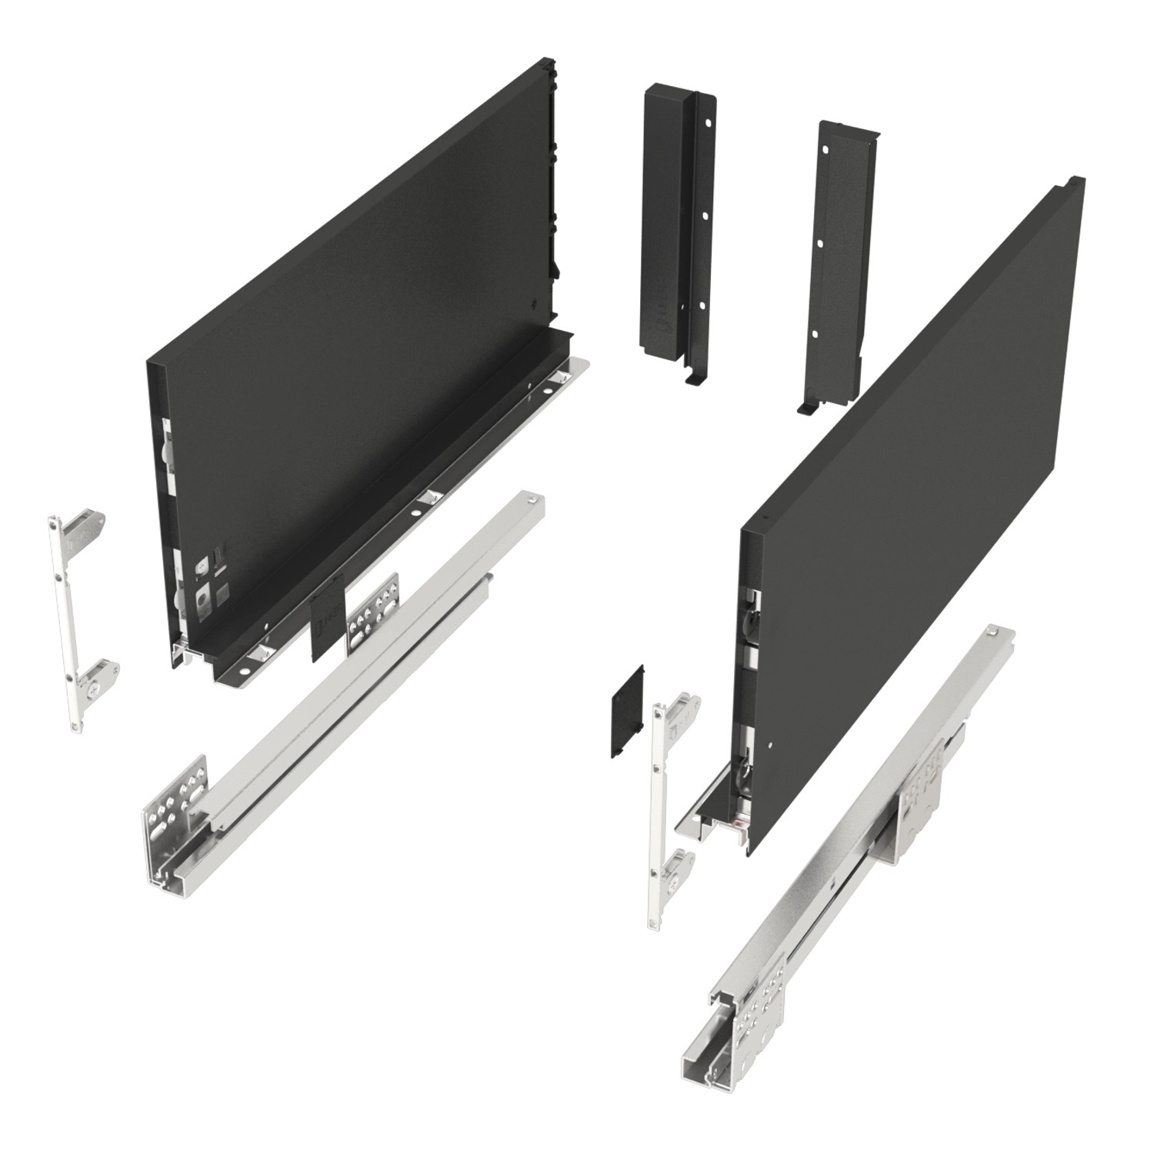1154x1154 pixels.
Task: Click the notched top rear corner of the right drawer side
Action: [1071, 185]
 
